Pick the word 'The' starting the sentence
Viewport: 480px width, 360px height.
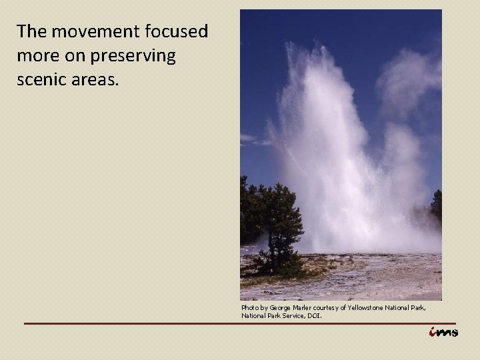31,31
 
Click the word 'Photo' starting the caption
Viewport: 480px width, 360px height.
250,308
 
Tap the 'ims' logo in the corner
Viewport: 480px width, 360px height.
443,333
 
